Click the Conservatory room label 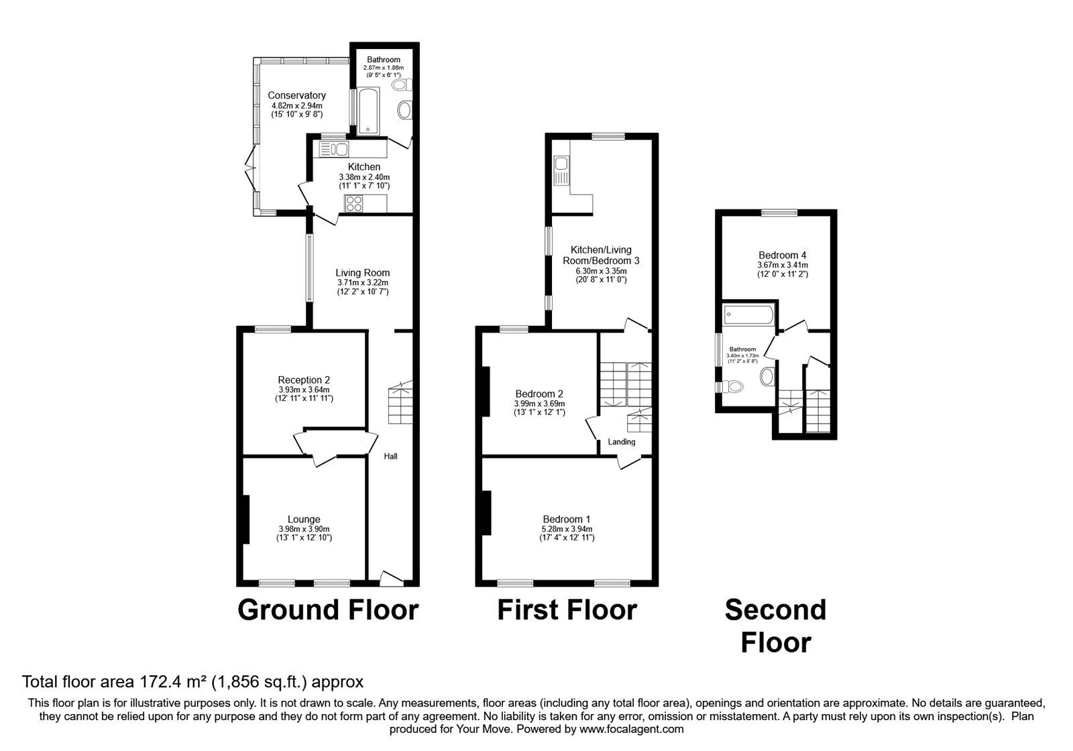tap(296, 95)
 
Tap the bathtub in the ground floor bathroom tap(368, 111)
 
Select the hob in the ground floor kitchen tap(353, 203)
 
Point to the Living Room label tap(362, 273)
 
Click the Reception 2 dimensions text tap(304, 394)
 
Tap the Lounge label tap(304, 519)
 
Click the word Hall tap(390, 456)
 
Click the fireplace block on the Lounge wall tap(245, 519)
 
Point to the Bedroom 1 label tap(567, 519)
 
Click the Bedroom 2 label tap(539, 394)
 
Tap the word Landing tap(621, 442)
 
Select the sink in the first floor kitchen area tap(561, 163)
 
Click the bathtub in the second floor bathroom tap(750, 315)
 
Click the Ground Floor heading tap(328, 610)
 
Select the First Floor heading tap(567, 610)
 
